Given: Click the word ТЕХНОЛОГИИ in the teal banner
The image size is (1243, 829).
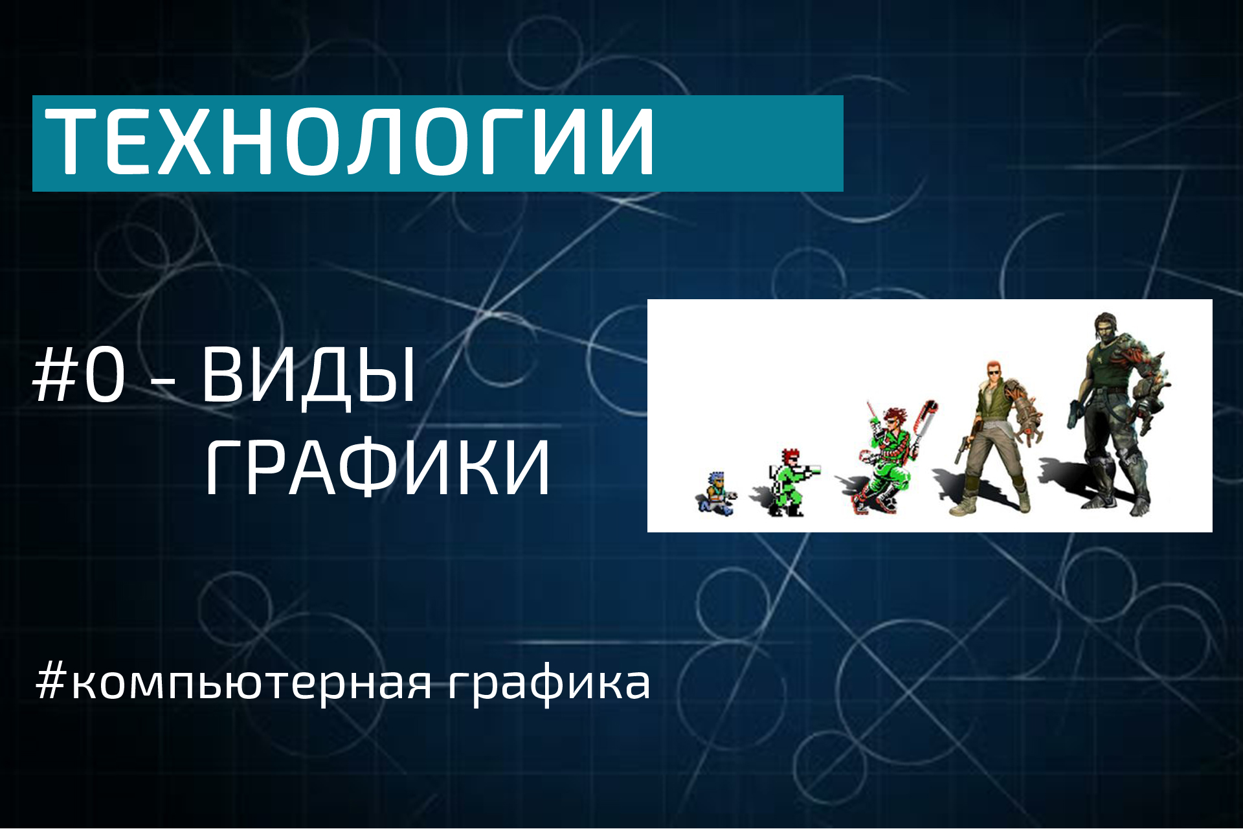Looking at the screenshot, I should coord(350,142).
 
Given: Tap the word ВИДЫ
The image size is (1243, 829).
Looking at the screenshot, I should coord(308,376).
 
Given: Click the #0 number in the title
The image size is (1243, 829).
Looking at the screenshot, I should coord(79,376).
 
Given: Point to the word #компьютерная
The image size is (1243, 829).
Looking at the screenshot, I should coord(233,683).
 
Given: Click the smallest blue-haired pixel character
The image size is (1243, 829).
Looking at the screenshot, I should coord(716,494).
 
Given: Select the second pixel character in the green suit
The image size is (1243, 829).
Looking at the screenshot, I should coord(787,483).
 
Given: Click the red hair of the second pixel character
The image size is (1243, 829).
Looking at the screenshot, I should coord(789,455).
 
